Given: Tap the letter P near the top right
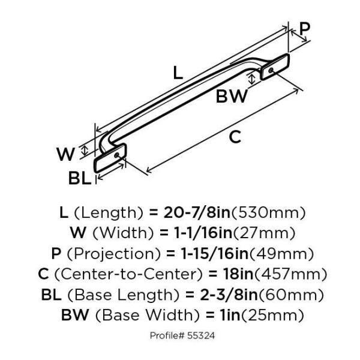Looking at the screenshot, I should click(305, 28).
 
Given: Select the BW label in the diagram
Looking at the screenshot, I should click(232, 95).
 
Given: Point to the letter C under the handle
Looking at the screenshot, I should click(235, 137).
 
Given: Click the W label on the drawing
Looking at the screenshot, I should click(66, 154).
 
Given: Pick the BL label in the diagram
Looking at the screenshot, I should click(79, 178).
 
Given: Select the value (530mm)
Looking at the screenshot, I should click(269, 212).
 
